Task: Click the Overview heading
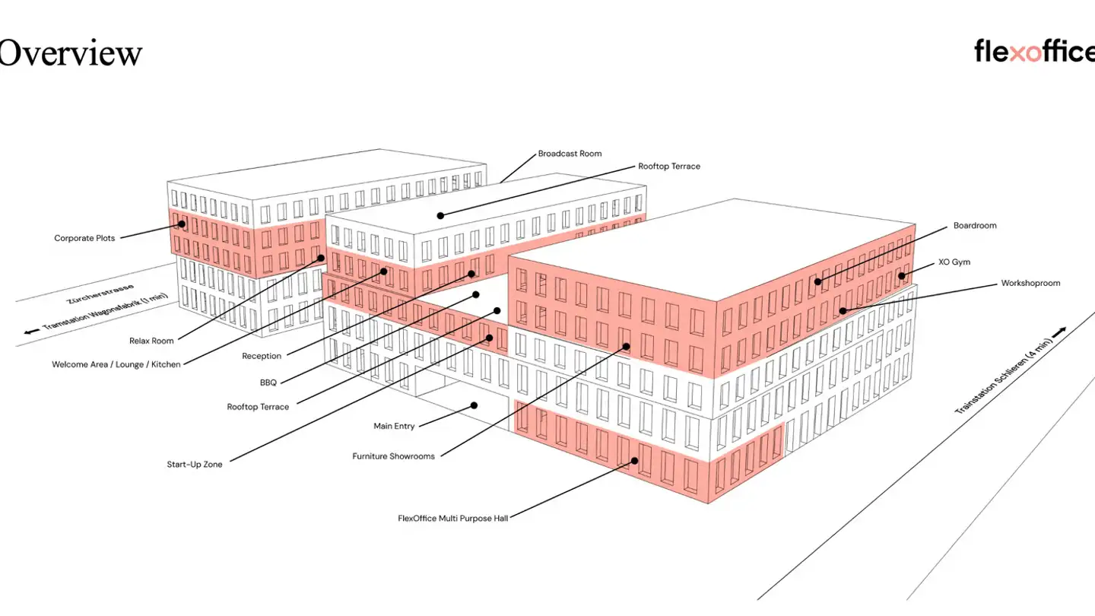pyautogui.click(x=70, y=52)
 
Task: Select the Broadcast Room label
pyautogui.click(x=570, y=154)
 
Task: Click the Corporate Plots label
pyautogui.click(x=84, y=238)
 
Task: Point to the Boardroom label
pyautogui.click(x=975, y=225)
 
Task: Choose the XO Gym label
pyautogui.click(x=954, y=262)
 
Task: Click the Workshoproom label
pyautogui.click(x=1030, y=283)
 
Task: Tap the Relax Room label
pyautogui.click(x=151, y=341)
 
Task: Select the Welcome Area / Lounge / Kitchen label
pyautogui.click(x=116, y=364)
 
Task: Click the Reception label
pyautogui.click(x=262, y=356)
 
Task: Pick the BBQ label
pyautogui.click(x=268, y=383)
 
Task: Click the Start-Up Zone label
pyautogui.click(x=195, y=465)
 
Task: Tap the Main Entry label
pyautogui.click(x=394, y=426)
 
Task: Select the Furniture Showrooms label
pyautogui.click(x=394, y=456)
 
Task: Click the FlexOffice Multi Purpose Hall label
pyautogui.click(x=453, y=518)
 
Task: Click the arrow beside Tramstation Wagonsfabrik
pyautogui.click(x=32, y=332)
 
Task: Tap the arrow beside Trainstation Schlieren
pyautogui.click(x=1058, y=332)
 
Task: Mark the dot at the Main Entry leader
pyautogui.click(x=474, y=405)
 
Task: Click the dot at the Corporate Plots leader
pyautogui.click(x=182, y=224)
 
